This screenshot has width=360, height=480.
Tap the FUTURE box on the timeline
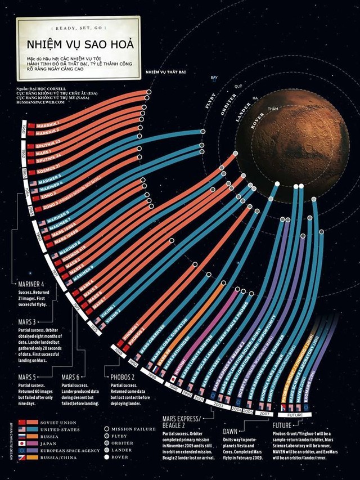[307, 415]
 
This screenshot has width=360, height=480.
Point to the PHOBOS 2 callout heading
[120, 377]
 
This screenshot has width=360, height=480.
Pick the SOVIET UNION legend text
[58, 422]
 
